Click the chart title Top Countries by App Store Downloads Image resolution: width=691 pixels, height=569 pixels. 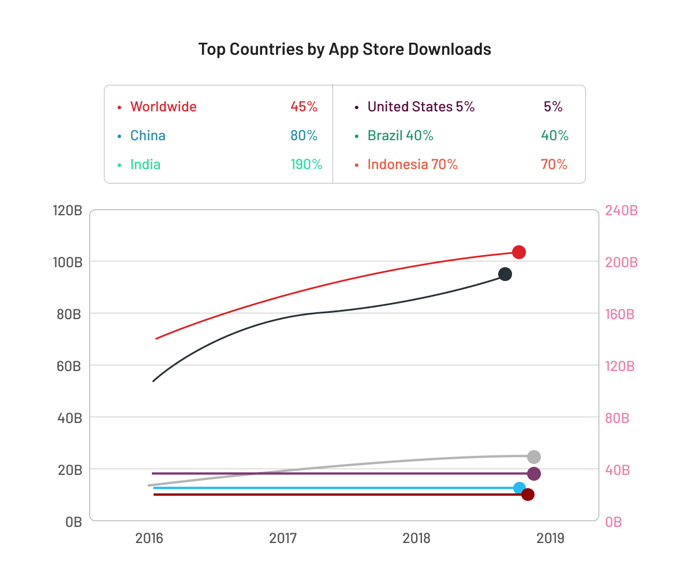345,49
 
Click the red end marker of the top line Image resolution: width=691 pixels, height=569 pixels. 518,252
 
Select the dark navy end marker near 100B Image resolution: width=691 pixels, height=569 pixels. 505,274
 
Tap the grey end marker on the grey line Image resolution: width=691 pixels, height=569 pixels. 534,457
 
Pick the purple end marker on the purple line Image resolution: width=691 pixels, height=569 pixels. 534,474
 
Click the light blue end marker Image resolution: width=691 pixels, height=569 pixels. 520,488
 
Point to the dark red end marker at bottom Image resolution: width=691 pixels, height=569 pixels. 528,495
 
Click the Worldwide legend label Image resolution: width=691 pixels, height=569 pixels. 163,107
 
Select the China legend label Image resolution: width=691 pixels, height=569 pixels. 148,136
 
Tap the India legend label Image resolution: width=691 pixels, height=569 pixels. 145,164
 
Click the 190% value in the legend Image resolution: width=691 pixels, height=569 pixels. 306,164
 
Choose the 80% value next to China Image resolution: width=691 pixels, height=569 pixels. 304,136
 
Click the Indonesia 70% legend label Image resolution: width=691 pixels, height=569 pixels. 412,164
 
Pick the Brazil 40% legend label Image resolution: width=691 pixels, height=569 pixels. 400,136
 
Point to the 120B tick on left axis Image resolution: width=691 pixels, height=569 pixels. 67,211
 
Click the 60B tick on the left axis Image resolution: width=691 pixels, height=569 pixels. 68,366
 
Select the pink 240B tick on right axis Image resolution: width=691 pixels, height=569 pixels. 621,211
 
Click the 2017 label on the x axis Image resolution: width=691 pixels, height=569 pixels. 283,538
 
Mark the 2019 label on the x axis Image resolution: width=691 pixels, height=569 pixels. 550,538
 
